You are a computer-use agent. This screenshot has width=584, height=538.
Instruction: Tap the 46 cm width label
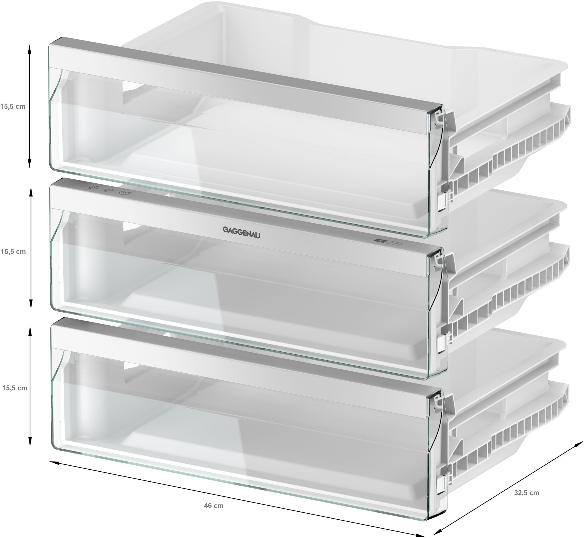214,506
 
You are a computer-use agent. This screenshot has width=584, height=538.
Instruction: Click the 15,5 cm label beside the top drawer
13,106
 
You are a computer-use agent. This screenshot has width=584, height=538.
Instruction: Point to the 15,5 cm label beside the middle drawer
13,252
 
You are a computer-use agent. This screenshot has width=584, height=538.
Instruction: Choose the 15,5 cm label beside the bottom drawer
15,388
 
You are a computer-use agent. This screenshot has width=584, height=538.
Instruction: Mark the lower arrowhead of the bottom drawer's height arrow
29,444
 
